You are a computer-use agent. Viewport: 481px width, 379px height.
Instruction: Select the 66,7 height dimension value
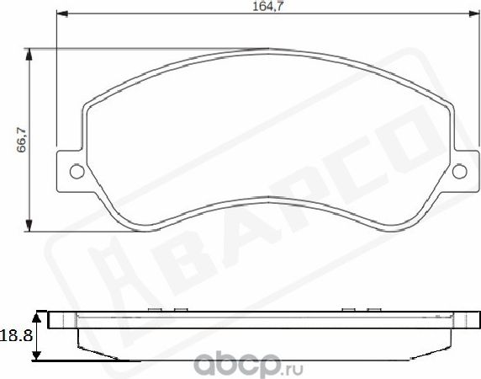click(21, 140)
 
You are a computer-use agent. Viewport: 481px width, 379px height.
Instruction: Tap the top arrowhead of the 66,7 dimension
click(31, 53)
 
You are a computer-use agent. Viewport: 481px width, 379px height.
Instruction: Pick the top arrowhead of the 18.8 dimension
click(36, 316)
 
